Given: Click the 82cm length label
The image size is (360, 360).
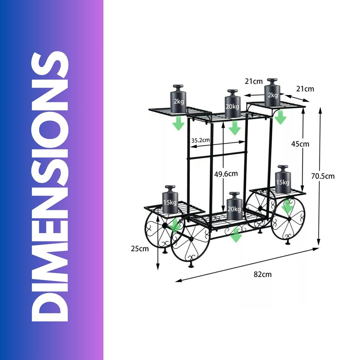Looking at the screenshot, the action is [262, 274].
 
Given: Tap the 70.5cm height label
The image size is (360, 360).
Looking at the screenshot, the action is [323, 176].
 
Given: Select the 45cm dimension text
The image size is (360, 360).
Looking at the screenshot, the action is [300, 144].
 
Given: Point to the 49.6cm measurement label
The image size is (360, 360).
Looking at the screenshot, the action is [226, 174].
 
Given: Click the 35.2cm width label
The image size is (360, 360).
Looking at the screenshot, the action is [201, 140].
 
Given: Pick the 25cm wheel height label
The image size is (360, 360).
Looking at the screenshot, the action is [140, 249].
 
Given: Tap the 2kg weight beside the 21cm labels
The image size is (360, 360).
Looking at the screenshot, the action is [273, 92].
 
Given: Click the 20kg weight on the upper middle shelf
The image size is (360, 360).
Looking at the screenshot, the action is [232, 103].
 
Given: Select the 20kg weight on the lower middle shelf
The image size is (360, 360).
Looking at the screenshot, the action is [234, 206].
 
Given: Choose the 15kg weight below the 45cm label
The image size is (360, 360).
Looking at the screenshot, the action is [283, 179].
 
